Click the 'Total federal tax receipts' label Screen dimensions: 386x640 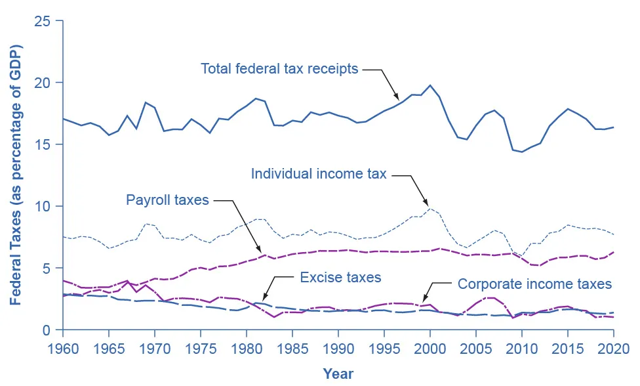(279, 68)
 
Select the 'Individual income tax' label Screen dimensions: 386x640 (319, 174)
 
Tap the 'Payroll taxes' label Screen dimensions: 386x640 (167, 200)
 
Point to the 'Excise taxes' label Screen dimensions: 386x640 (340, 278)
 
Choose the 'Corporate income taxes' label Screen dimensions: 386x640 (534, 284)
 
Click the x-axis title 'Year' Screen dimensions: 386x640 (338, 374)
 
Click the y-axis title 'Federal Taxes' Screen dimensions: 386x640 (16, 175)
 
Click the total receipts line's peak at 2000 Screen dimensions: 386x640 (430, 85)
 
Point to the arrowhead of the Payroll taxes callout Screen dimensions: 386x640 (263, 253)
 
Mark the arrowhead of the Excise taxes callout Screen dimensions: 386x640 (264, 301)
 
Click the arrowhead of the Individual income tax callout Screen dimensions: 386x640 (428, 206)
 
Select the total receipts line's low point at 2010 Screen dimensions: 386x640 (522, 152)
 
